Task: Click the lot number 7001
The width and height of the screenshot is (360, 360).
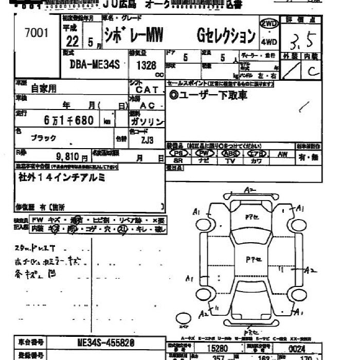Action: click(36, 33)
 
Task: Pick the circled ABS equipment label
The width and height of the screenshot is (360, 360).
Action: click(230, 153)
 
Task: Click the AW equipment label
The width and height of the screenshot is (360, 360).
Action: click(282, 153)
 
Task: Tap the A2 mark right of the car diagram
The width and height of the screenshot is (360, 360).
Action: click(309, 269)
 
